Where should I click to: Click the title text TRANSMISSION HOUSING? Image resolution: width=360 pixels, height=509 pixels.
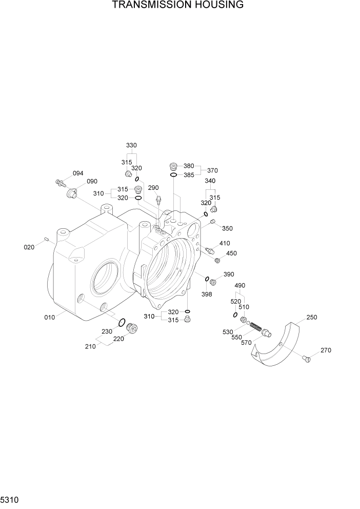tap(178, 6)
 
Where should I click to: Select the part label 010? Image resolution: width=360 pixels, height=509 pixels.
tap(49, 317)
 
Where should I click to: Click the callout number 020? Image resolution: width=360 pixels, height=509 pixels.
tap(29, 247)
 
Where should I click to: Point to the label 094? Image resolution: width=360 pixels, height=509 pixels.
tap(78, 173)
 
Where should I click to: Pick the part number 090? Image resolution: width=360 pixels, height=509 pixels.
tap(92, 182)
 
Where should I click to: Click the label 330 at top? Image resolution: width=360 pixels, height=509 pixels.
tap(131, 145)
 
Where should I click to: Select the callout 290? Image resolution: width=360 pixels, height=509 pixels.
tap(154, 188)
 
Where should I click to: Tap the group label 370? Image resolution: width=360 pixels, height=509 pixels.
tap(213, 170)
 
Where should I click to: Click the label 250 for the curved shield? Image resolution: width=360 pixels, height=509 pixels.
tap(311, 317)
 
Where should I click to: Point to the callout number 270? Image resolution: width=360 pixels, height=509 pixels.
tap(326, 350)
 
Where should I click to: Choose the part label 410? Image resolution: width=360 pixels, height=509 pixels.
tap(225, 243)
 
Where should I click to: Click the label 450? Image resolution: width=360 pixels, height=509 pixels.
tap(231, 253)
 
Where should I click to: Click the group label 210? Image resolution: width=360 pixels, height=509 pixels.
tap(90, 346)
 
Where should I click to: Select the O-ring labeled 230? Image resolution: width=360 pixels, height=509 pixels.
tap(122, 323)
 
